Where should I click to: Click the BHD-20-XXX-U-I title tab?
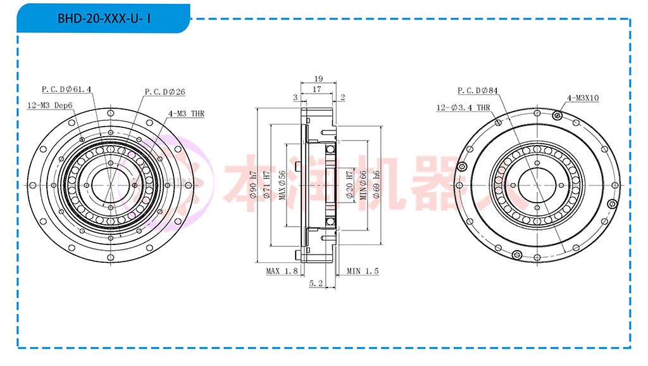tap(103, 18)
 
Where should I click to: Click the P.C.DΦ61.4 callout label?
tap(66, 89)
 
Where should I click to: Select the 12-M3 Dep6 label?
tap(50, 106)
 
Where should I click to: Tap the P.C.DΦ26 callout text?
tap(165, 92)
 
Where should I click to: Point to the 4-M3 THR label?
tap(187, 113)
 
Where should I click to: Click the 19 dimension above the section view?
tap(318, 79)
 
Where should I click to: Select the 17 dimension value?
tap(317, 89)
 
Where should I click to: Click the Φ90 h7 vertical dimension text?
tap(253, 184)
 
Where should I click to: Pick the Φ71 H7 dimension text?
tap(266, 184)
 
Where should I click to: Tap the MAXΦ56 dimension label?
tap(282, 185)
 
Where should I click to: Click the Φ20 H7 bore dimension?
tap(349, 184)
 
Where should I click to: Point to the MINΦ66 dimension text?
tap(363, 185)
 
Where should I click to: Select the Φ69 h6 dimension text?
tap(376, 184)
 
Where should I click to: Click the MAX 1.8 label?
tap(282, 271)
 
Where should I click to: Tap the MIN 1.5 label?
tap(363, 271)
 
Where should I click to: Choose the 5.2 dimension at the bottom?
tap(316, 283)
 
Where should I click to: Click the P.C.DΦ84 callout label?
tap(478, 91)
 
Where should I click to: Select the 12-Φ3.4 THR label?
tap(463, 108)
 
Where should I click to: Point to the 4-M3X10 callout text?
tap(583, 98)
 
